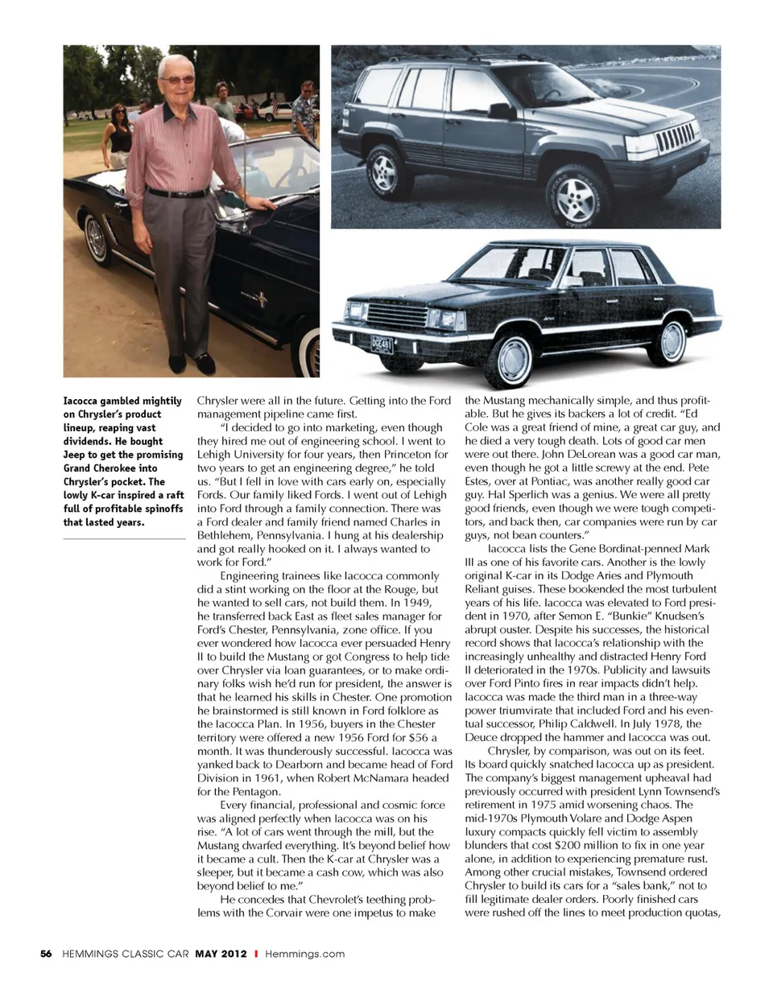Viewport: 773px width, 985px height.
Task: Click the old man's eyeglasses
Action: pos(176,80)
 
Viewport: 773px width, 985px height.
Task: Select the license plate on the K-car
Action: pos(382,345)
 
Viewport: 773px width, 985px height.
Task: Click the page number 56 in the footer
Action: pos(46,954)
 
